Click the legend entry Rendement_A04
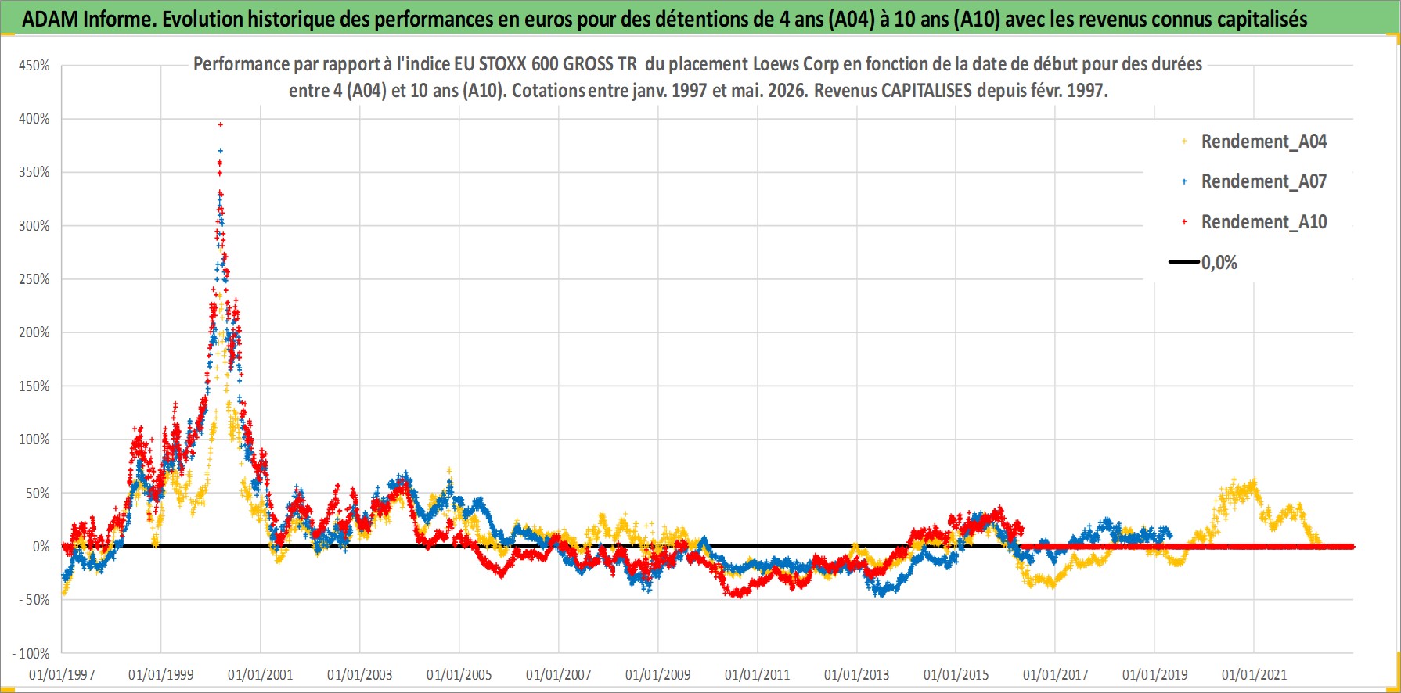(x=1263, y=142)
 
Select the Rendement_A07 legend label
(x=1263, y=181)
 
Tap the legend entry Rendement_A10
(x=1263, y=222)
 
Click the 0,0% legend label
(x=1219, y=263)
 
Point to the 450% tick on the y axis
(x=34, y=66)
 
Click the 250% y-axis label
(x=34, y=279)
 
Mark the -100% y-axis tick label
(x=31, y=653)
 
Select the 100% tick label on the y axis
(x=34, y=440)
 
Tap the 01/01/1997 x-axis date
(x=62, y=674)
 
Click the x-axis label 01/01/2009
(x=658, y=674)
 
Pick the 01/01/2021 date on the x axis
(x=1254, y=674)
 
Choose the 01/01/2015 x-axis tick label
(x=956, y=674)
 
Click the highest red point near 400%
(x=221, y=124)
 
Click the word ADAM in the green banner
(x=50, y=20)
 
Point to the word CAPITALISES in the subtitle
(x=927, y=91)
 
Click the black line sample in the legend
(x=1184, y=262)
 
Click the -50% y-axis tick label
(x=32, y=600)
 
